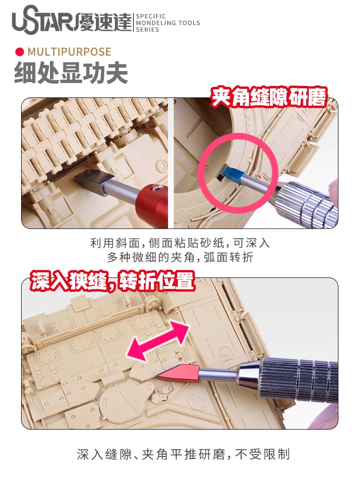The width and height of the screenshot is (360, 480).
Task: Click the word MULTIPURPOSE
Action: [70, 52]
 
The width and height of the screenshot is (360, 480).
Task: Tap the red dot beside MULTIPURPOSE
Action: [20, 52]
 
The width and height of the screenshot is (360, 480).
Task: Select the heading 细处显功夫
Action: [71, 73]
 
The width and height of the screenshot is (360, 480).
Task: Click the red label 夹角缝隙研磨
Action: [269, 97]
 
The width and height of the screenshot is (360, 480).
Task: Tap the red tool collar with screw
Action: [152, 201]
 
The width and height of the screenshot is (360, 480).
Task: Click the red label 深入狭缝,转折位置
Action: [112, 281]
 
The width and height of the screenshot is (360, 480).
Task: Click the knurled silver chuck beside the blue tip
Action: [306, 202]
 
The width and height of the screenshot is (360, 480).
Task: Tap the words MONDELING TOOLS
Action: [168, 23]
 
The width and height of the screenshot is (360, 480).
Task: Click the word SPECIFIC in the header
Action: [151, 16]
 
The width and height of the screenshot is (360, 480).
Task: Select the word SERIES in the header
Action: [147, 30]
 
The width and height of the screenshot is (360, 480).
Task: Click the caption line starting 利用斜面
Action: [180, 243]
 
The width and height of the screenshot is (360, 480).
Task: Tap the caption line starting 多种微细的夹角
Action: [180, 257]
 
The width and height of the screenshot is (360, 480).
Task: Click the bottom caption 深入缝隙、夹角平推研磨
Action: [183, 454]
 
